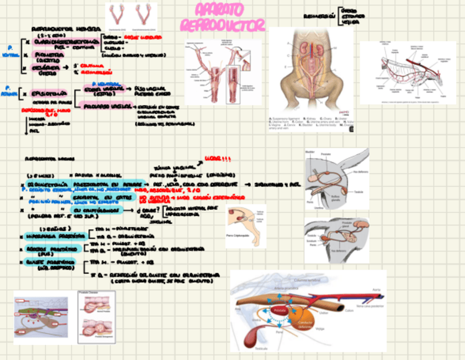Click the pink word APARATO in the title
(219, 10)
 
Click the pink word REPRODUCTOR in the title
(223, 25)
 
